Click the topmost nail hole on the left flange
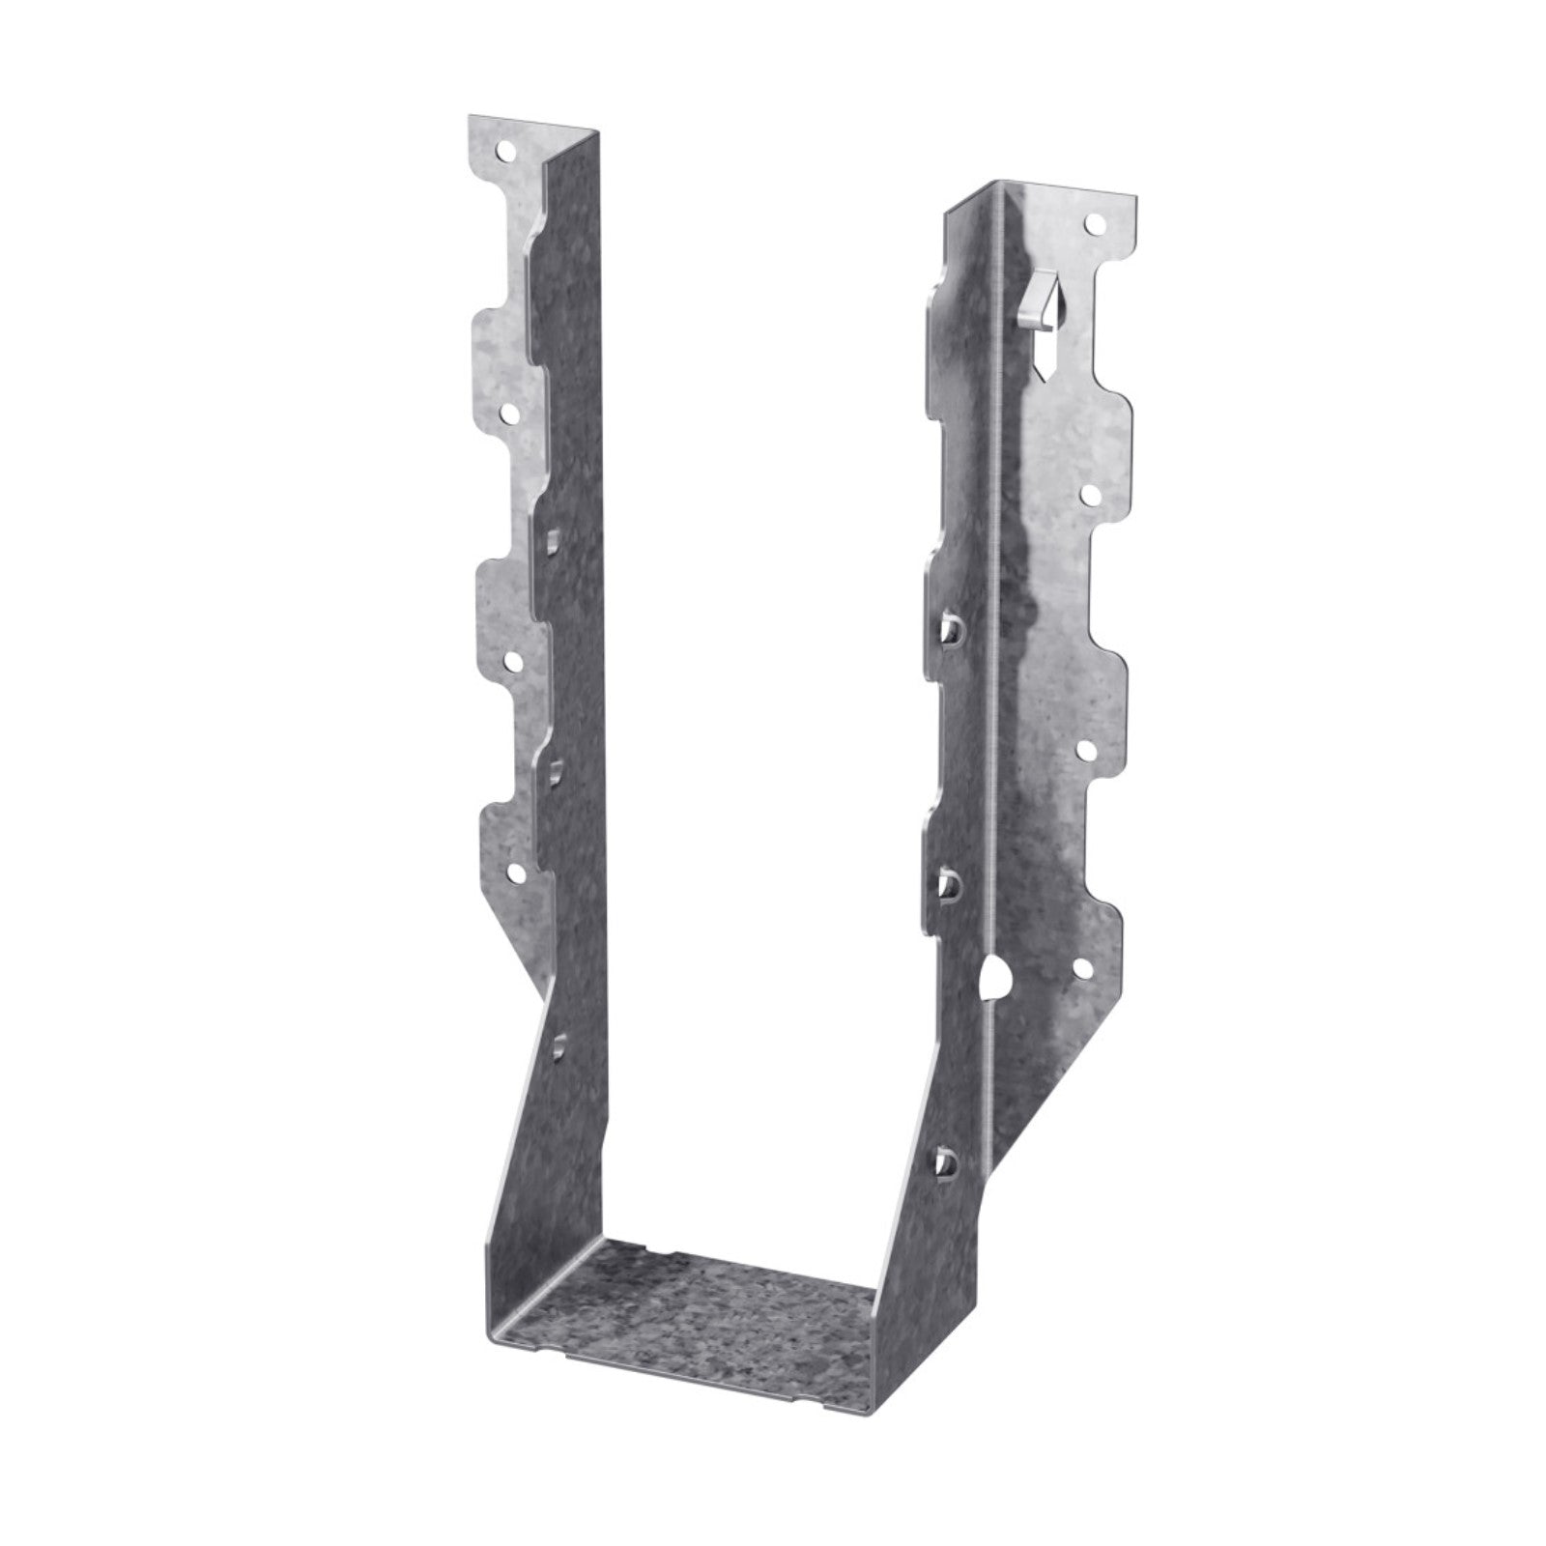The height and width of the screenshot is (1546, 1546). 503,152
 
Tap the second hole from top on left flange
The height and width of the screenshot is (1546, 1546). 508,415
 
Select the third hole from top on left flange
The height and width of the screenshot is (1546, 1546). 511,662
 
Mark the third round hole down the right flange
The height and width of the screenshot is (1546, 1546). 1085,749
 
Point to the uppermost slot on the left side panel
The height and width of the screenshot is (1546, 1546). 553,539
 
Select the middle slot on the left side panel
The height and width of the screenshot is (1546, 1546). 558,771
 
